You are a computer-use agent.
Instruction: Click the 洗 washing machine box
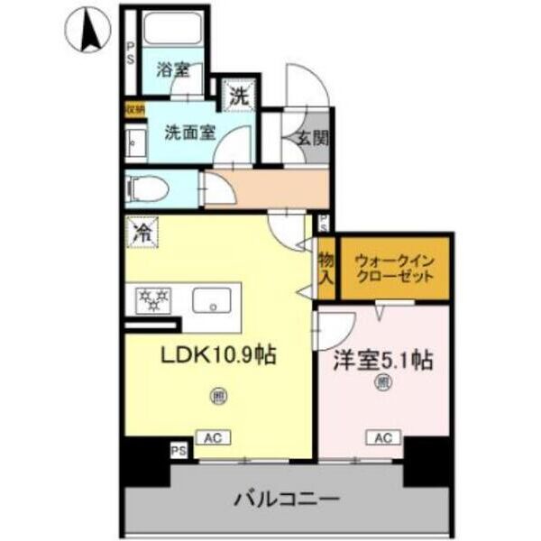click(x=238, y=95)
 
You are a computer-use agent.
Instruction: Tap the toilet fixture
click(x=143, y=189)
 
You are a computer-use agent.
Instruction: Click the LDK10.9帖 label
click(x=218, y=355)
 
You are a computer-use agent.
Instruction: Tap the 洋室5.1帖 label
click(x=382, y=361)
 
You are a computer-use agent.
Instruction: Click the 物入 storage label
click(x=326, y=267)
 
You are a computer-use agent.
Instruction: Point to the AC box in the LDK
click(x=213, y=438)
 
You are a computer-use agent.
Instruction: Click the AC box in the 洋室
click(x=382, y=438)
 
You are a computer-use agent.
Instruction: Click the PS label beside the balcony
click(x=178, y=447)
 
